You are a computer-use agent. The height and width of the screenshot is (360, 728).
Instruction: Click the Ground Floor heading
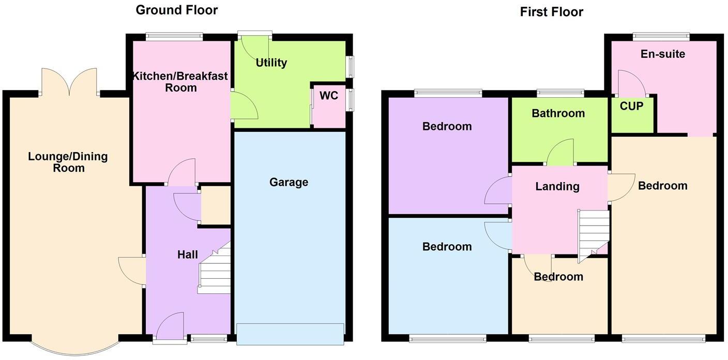point(176,10)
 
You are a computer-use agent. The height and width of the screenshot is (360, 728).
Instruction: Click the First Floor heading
point(551,11)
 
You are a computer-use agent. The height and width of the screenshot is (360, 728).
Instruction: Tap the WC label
point(329,96)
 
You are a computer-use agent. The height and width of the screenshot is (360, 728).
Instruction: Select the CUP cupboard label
point(631,106)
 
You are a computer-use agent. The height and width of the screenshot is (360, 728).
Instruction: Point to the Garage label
point(289,182)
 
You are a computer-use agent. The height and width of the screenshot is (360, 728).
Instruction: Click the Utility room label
point(271,63)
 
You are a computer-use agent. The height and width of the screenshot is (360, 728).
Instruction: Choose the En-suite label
point(662,54)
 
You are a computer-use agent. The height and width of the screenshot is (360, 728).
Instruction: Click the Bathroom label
point(558,113)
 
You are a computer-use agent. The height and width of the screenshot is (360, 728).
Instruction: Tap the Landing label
point(557,186)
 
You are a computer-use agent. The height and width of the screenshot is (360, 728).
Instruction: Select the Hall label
point(187,254)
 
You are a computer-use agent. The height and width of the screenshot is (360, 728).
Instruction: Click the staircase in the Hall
point(214,272)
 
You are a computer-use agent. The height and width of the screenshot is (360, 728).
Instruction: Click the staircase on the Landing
point(594,233)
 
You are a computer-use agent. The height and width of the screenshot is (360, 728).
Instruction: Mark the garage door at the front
point(290,334)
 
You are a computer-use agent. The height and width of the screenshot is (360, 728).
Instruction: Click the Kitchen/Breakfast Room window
point(174,36)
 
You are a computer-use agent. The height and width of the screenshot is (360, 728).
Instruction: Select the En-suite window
point(661,36)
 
